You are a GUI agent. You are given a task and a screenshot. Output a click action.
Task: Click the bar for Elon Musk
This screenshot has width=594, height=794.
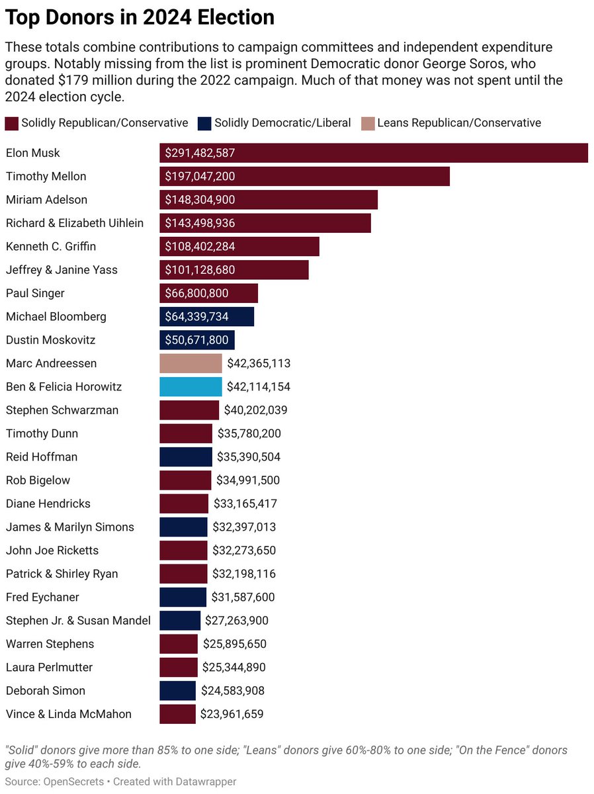coord(374,153)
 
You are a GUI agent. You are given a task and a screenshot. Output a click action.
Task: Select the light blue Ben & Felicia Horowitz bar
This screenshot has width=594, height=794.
coord(191,387)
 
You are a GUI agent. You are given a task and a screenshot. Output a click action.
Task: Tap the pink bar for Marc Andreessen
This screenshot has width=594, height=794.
coord(191,363)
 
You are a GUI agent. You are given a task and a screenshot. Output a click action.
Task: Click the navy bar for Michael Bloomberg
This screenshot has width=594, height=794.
coord(206,317)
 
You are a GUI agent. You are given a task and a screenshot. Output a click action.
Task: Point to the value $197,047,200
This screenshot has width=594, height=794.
coord(200,177)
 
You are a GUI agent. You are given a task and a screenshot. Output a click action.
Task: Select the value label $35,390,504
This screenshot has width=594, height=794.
coord(249,457)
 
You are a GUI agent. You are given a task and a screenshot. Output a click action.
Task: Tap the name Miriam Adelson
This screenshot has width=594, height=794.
coord(46,200)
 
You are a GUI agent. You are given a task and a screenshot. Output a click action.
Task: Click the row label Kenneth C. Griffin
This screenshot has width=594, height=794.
coord(51,247)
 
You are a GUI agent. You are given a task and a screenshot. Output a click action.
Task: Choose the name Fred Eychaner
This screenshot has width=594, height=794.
coord(42,597)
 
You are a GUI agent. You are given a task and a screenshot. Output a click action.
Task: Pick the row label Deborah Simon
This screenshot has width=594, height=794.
coord(46,691)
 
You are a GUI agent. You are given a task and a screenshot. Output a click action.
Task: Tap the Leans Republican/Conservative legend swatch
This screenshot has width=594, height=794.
coord(367,123)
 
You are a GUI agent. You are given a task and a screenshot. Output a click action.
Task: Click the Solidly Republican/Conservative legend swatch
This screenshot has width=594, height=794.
coord(11,123)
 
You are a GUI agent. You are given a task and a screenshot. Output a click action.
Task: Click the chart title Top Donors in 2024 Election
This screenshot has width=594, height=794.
coord(140,18)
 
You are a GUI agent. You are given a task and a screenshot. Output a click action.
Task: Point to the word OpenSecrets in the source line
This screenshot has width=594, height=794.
coord(74,781)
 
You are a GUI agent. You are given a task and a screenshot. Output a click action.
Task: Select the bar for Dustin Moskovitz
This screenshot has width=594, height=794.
coord(197,340)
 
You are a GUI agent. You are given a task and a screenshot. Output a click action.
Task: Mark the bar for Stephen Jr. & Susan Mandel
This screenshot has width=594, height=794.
coord(180,621)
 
